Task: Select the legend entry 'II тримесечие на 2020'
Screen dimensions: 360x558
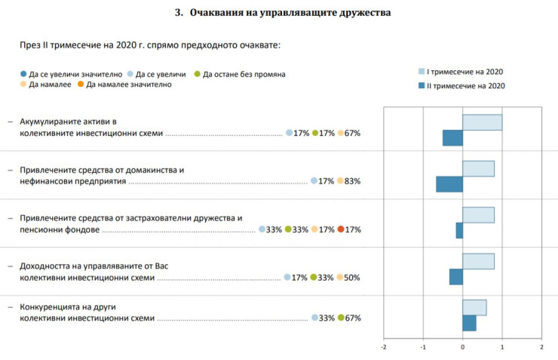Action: click(x=466, y=85)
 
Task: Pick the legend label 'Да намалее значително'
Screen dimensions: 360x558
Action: click(x=129, y=85)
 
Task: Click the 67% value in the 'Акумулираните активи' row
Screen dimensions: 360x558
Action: click(x=353, y=134)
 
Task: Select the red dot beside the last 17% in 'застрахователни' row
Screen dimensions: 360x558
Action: click(x=341, y=229)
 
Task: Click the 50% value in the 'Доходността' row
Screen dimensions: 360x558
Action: click(x=351, y=278)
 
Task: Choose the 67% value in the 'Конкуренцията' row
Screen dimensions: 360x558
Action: click(x=353, y=318)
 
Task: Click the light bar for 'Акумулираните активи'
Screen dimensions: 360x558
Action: click(x=482, y=122)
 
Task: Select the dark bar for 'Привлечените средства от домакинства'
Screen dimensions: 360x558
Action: click(x=449, y=184)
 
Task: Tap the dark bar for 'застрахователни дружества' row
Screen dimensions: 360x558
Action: click(x=459, y=230)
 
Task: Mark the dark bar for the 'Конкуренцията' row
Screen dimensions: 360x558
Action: click(x=469, y=323)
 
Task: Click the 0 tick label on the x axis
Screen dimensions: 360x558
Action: click(x=462, y=347)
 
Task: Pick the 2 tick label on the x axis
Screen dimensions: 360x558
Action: click(x=541, y=347)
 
